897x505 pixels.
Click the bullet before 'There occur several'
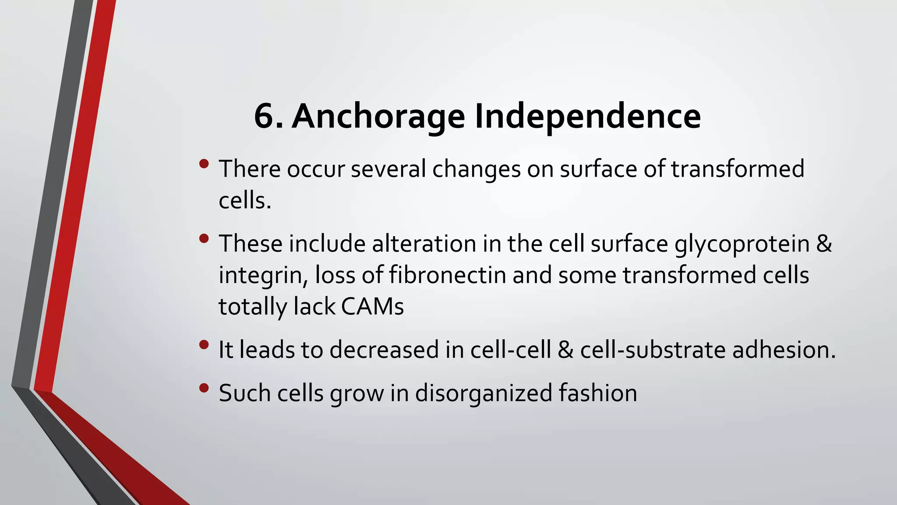click(x=204, y=164)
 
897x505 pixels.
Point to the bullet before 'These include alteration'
click(x=204, y=239)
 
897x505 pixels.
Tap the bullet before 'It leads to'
click(x=204, y=345)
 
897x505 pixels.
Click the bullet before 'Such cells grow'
click(x=204, y=388)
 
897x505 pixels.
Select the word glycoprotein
click(x=742, y=244)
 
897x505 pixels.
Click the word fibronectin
click(x=447, y=275)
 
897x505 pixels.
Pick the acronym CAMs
click(x=372, y=306)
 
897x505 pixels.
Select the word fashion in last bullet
click(x=598, y=393)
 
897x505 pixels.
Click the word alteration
click(x=424, y=244)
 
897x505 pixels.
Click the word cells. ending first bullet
click(x=245, y=201)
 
